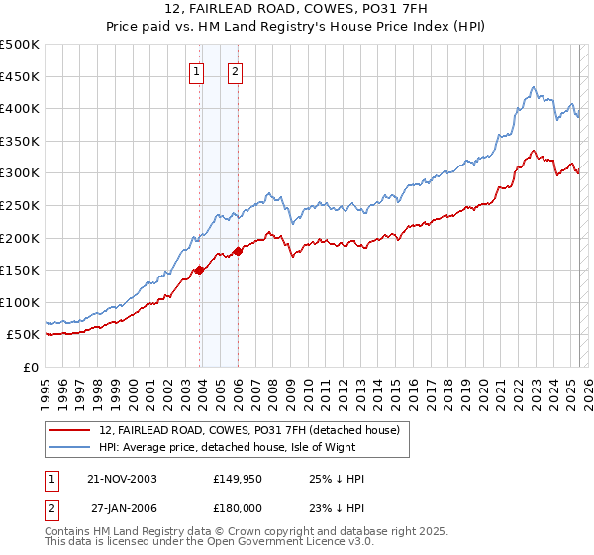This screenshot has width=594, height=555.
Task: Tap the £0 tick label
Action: (31, 367)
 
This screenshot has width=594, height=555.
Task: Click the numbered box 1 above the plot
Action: (196, 71)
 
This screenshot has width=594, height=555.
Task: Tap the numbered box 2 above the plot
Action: (235, 71)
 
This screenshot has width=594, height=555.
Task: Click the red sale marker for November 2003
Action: (200, 270)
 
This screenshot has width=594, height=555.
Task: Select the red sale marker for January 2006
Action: (238, 251)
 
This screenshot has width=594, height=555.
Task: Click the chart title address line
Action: (296, 10)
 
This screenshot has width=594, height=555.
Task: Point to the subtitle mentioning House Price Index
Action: (296, 28)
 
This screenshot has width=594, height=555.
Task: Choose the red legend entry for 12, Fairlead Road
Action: (248, 430)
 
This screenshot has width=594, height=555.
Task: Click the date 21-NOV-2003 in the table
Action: (122, 479)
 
